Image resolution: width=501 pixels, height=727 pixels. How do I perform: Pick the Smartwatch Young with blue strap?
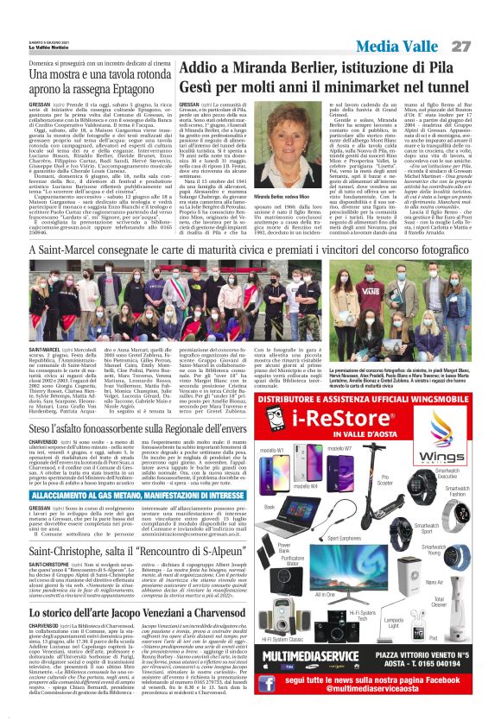[x=457, y=557]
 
